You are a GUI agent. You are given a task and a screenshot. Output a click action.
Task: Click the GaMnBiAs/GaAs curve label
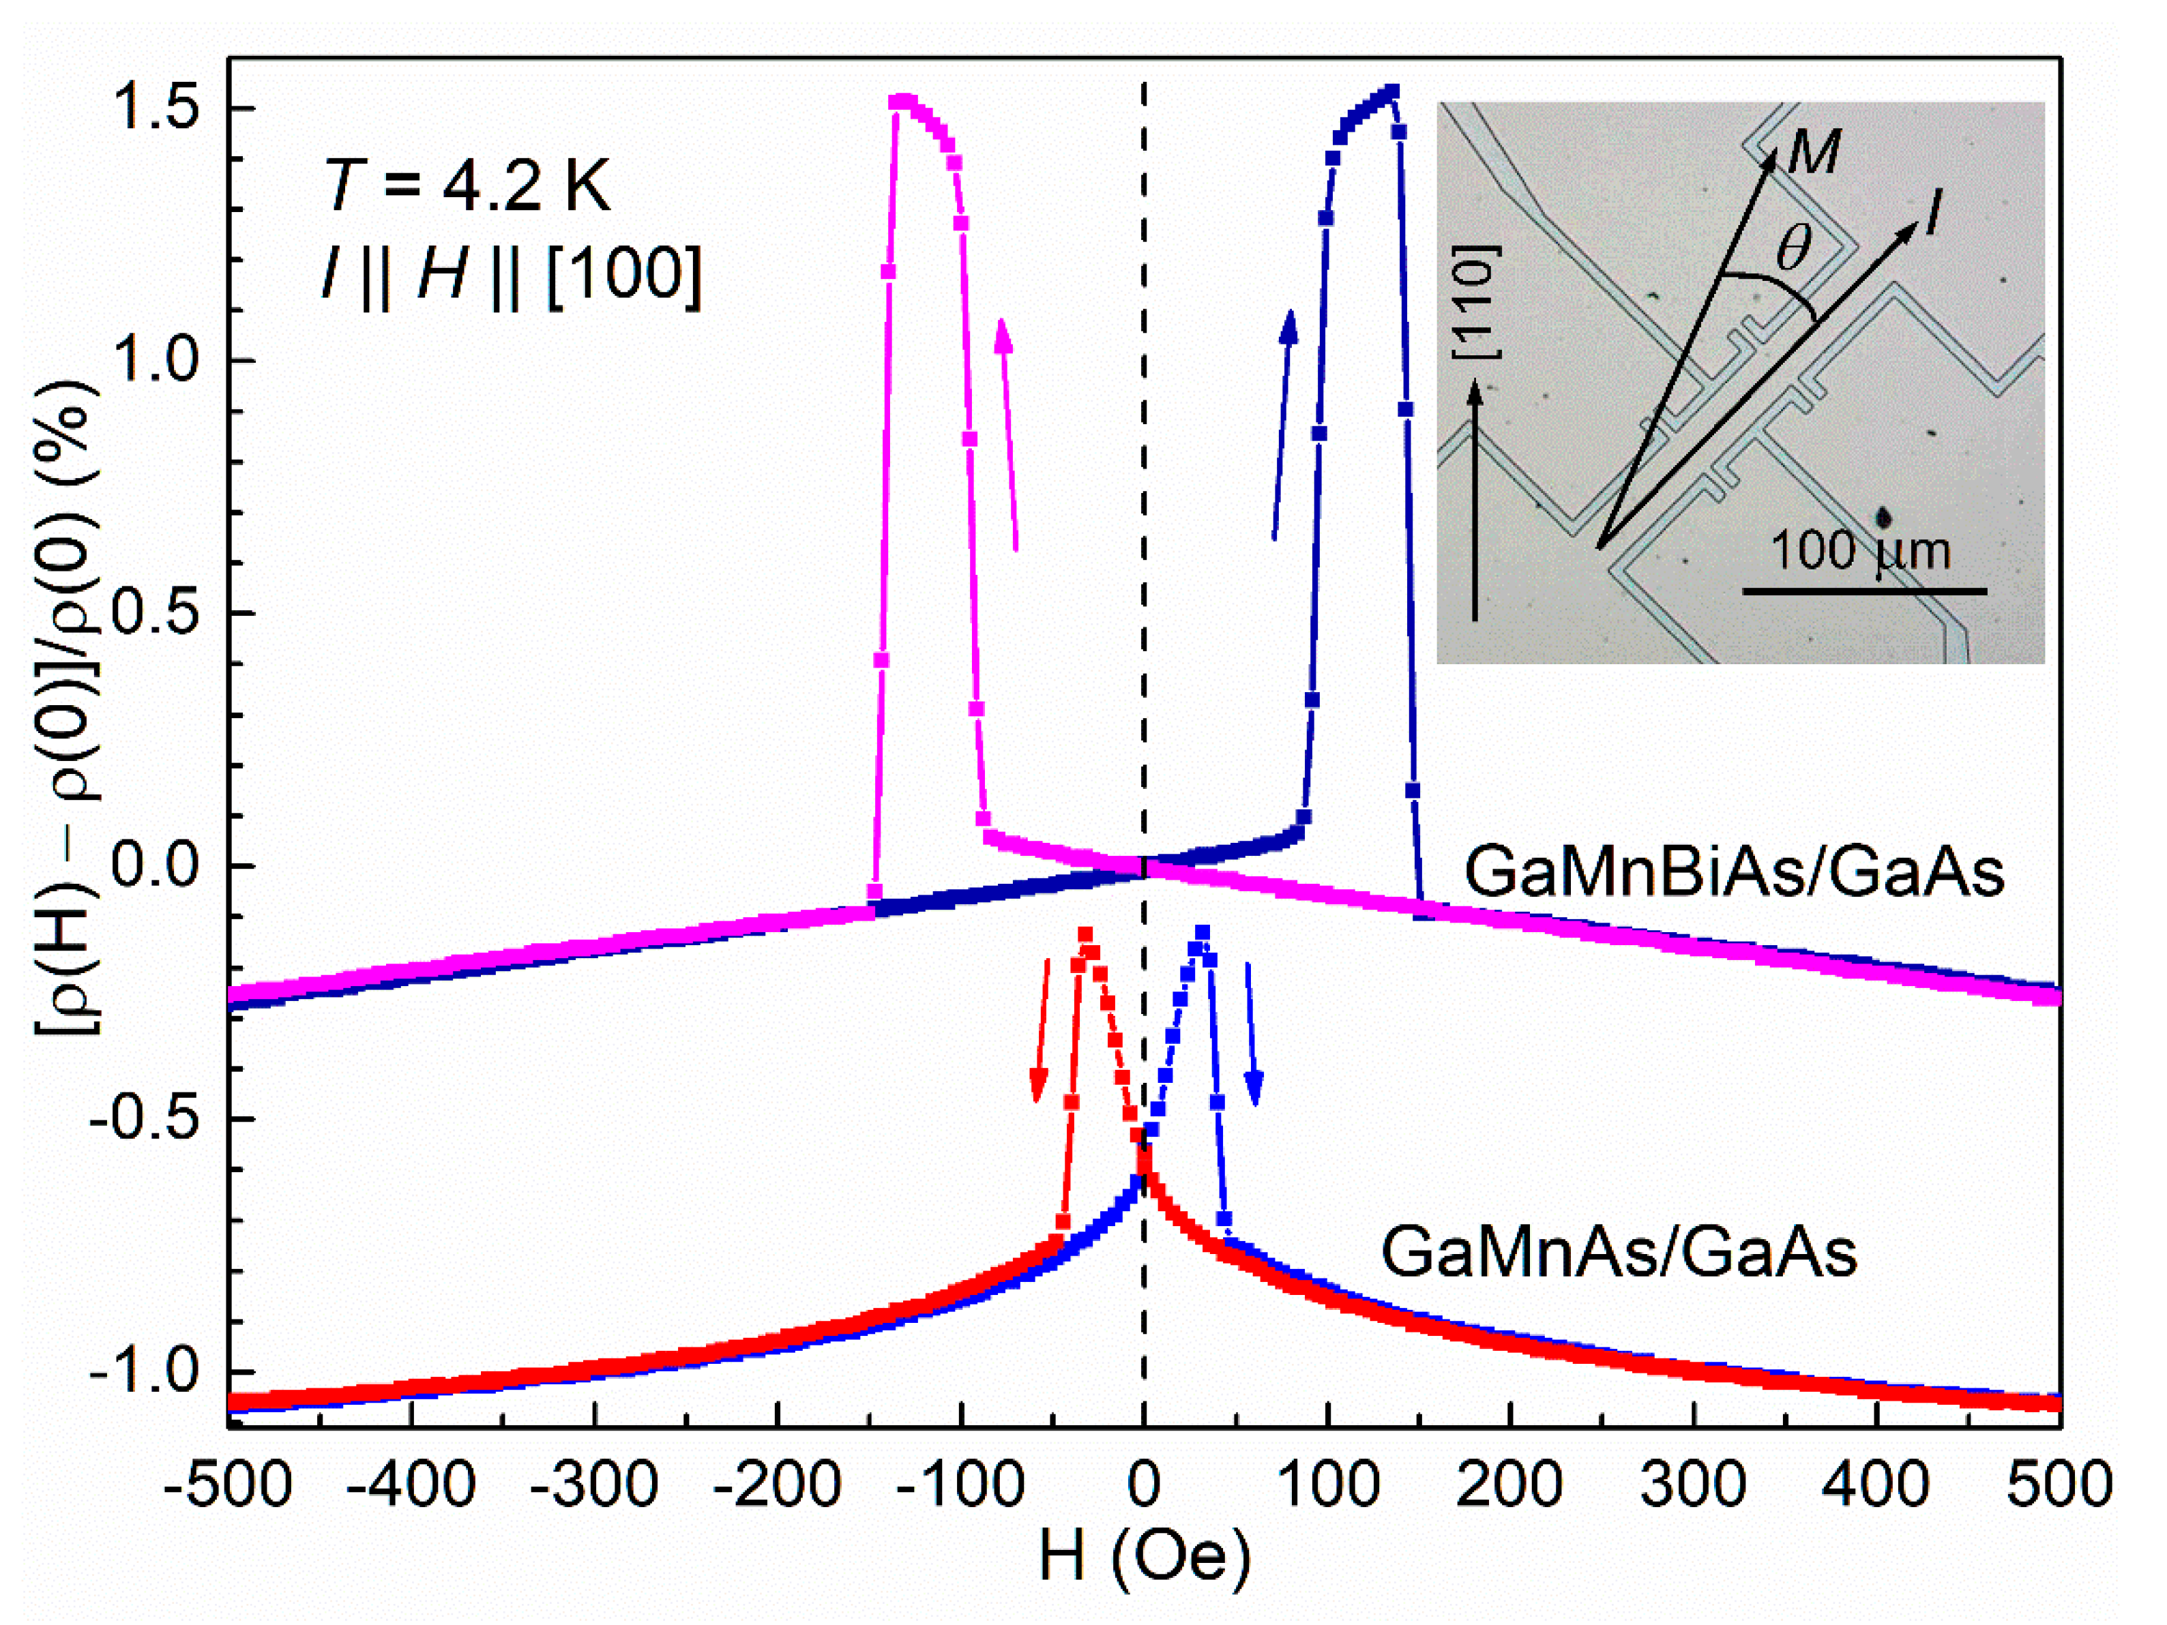tap(1734, 871)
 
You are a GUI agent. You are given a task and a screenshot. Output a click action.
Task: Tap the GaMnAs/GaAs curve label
tap(1619, 1252)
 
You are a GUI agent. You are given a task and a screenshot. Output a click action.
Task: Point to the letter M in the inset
tap(1814, 153)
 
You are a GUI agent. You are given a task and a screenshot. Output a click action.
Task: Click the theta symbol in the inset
tap(1794, 249)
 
